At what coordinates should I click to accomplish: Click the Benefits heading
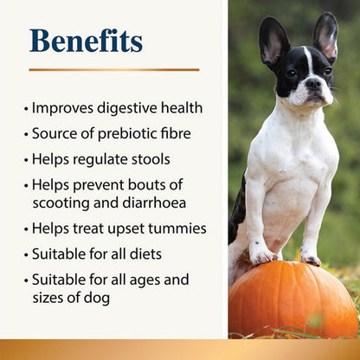pos(86,41)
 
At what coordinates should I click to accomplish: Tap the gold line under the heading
pos(113,69)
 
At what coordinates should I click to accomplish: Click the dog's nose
pos(312,85)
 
